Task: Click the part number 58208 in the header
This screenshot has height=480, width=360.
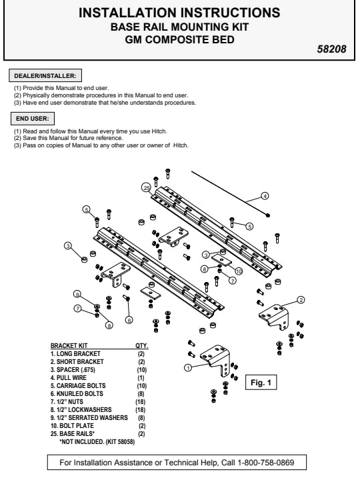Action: click(331, 49)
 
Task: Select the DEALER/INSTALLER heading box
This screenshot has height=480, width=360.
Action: click(45, 75)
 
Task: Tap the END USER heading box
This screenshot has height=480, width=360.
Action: click(33, 119)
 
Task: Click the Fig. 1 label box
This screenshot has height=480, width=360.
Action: click(261, 383)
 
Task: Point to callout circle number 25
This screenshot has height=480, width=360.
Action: click(146, 187)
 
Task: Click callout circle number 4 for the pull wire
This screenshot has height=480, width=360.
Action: click(265, 196)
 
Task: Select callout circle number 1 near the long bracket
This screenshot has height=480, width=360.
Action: click(188, 367)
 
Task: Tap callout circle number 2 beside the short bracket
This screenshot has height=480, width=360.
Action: click(301, 300)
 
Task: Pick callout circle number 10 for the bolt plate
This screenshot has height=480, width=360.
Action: click(239, 271)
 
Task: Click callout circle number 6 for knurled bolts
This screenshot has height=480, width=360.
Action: click(129, 320)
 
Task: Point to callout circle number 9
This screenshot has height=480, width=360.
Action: click(77, 294)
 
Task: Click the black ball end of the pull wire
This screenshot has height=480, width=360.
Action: click(268, 215)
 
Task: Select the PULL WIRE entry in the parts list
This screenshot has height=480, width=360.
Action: click(69, 378)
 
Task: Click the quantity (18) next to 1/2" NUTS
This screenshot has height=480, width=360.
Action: click(141, 401)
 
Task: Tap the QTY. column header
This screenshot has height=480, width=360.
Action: click(142, 345)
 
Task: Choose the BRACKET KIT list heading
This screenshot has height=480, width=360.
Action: click(69, 345)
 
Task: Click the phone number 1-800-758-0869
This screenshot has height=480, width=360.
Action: click(266, 462)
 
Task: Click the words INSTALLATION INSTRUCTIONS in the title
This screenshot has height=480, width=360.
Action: click(179, 13)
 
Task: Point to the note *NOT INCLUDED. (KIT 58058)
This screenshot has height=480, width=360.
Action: click(97, 442)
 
